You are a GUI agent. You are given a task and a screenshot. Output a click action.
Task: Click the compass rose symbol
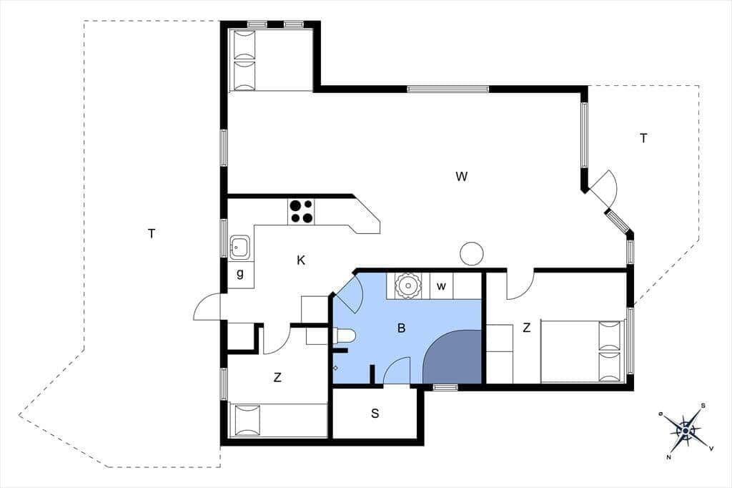[686, 430]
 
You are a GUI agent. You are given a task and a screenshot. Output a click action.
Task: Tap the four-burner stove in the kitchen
[301, 212]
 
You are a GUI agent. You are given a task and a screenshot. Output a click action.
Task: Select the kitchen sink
[239, 248]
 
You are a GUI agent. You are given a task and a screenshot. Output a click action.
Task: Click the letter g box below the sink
[240, 274]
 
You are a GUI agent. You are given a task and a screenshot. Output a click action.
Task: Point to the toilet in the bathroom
[345, 336]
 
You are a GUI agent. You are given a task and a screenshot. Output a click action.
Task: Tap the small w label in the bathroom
[442, 286]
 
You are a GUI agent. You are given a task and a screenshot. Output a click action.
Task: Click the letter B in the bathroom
[402, 328]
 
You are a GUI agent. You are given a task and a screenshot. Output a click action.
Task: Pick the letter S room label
[375, 413]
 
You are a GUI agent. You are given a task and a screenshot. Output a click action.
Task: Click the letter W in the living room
[462, 176]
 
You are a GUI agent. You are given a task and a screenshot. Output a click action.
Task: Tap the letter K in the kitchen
[301, 260]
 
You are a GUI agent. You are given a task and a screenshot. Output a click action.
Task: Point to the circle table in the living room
[472, 253]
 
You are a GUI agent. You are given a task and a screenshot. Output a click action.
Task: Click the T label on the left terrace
[152, 233]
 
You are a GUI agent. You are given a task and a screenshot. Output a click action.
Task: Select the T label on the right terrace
[643, 138]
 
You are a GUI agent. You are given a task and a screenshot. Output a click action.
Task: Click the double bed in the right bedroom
[582, 351]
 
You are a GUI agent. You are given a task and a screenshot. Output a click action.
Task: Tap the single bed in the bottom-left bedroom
[278, 421]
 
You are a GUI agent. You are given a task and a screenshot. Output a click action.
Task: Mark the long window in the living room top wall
[448, 89]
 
